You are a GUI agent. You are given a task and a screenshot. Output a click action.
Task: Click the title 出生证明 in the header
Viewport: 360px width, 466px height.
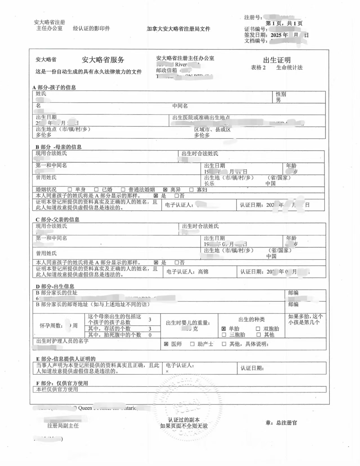pyautogui.click(x=277, y=60)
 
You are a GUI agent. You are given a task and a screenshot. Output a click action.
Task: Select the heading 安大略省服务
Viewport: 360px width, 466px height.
pyautogui.click(x=103, y=60)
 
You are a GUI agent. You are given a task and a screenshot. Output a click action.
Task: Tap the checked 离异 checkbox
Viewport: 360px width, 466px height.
pyautogui.click(x=165, y=190)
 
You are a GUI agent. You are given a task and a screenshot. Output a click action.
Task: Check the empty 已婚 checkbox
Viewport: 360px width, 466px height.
pyautogui.click(x=96, y=190)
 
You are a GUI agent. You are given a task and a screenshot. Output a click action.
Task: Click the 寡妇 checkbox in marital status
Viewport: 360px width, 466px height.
pyautogui.click(x=191, y=190)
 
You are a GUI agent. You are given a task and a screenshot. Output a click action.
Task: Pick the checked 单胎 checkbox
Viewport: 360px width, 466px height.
pyautogui.click(x=224, y=329)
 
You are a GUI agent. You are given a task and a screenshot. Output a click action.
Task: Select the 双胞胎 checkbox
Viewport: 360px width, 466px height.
pyautogui.click(x=258, y=329)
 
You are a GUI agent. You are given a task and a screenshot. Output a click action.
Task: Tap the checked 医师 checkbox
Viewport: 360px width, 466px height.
pyautogui.click(x=166, y=344)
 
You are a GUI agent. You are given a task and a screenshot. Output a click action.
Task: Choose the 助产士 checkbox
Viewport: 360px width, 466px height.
pyautogui.click(x=192, y=344)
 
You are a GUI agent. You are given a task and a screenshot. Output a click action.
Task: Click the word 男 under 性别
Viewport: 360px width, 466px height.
pyautogui.click(x=278, y=100)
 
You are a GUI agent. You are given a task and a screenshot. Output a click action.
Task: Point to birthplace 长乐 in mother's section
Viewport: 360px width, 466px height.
pyautogui.click(x=209, y=183)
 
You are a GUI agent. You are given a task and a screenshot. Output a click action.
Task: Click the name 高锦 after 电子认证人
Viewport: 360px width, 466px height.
pyautogui.click(x=203, y=272)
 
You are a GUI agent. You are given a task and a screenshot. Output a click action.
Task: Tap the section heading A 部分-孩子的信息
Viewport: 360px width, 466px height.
pyautogui.click(x=54, y=87)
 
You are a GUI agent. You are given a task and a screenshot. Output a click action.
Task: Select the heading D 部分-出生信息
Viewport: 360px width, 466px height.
pyautogui.click(x=55, y=286)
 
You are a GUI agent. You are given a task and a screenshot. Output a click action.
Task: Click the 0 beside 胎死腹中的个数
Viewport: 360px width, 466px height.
pyautogui.click(x=150, y=335)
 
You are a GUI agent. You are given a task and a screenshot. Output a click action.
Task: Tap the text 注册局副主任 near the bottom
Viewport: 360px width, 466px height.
pyautogui.click(x=63, y=426)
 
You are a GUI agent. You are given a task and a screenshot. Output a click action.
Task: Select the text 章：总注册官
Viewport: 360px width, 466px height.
pyautogui.click(x=281, y=423)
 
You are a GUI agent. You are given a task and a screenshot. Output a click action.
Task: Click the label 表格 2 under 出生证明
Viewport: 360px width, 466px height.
pyautogui.click(x=258, y=68)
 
